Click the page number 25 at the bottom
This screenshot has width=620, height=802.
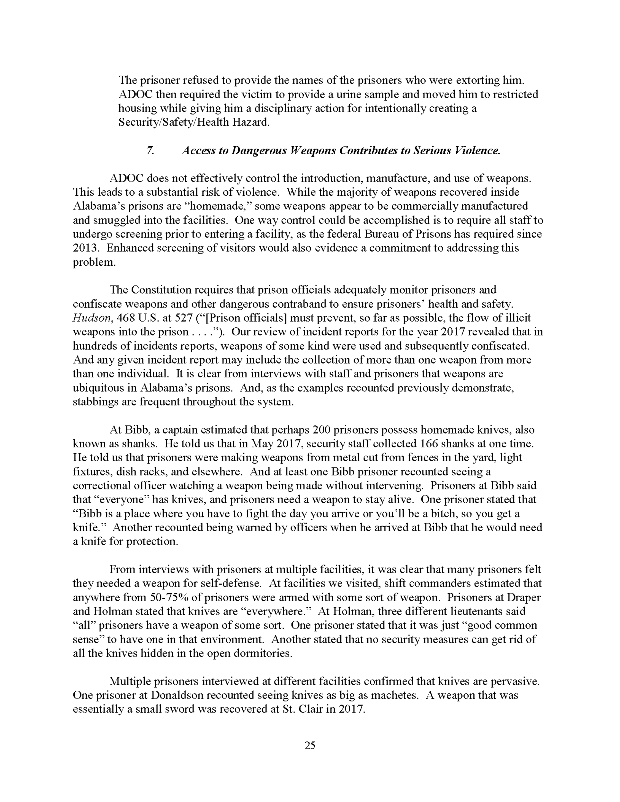click(310, 745)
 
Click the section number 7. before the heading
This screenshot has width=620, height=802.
click(150, 151)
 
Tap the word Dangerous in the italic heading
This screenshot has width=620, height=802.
click(259, 151)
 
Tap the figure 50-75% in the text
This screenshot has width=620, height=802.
click(170, 597)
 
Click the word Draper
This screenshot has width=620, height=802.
click(524, 597)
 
